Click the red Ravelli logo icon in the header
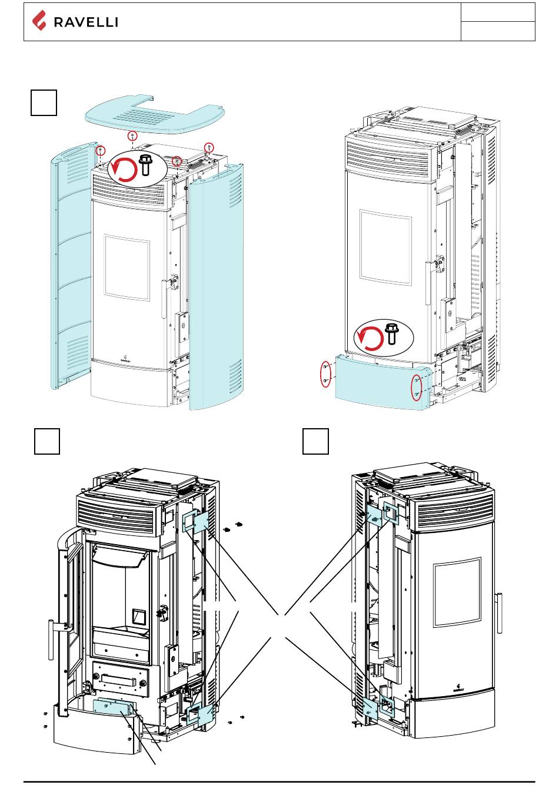[39, 21]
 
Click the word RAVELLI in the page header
[86, 22]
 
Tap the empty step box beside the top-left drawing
[44, 102]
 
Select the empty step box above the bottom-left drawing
[46, 441]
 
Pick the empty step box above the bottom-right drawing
[315, 441]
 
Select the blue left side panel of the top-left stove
[72, 265]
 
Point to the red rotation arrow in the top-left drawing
[124, 169]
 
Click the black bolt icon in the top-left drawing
[145, 164]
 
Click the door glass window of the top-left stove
[127, 268]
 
